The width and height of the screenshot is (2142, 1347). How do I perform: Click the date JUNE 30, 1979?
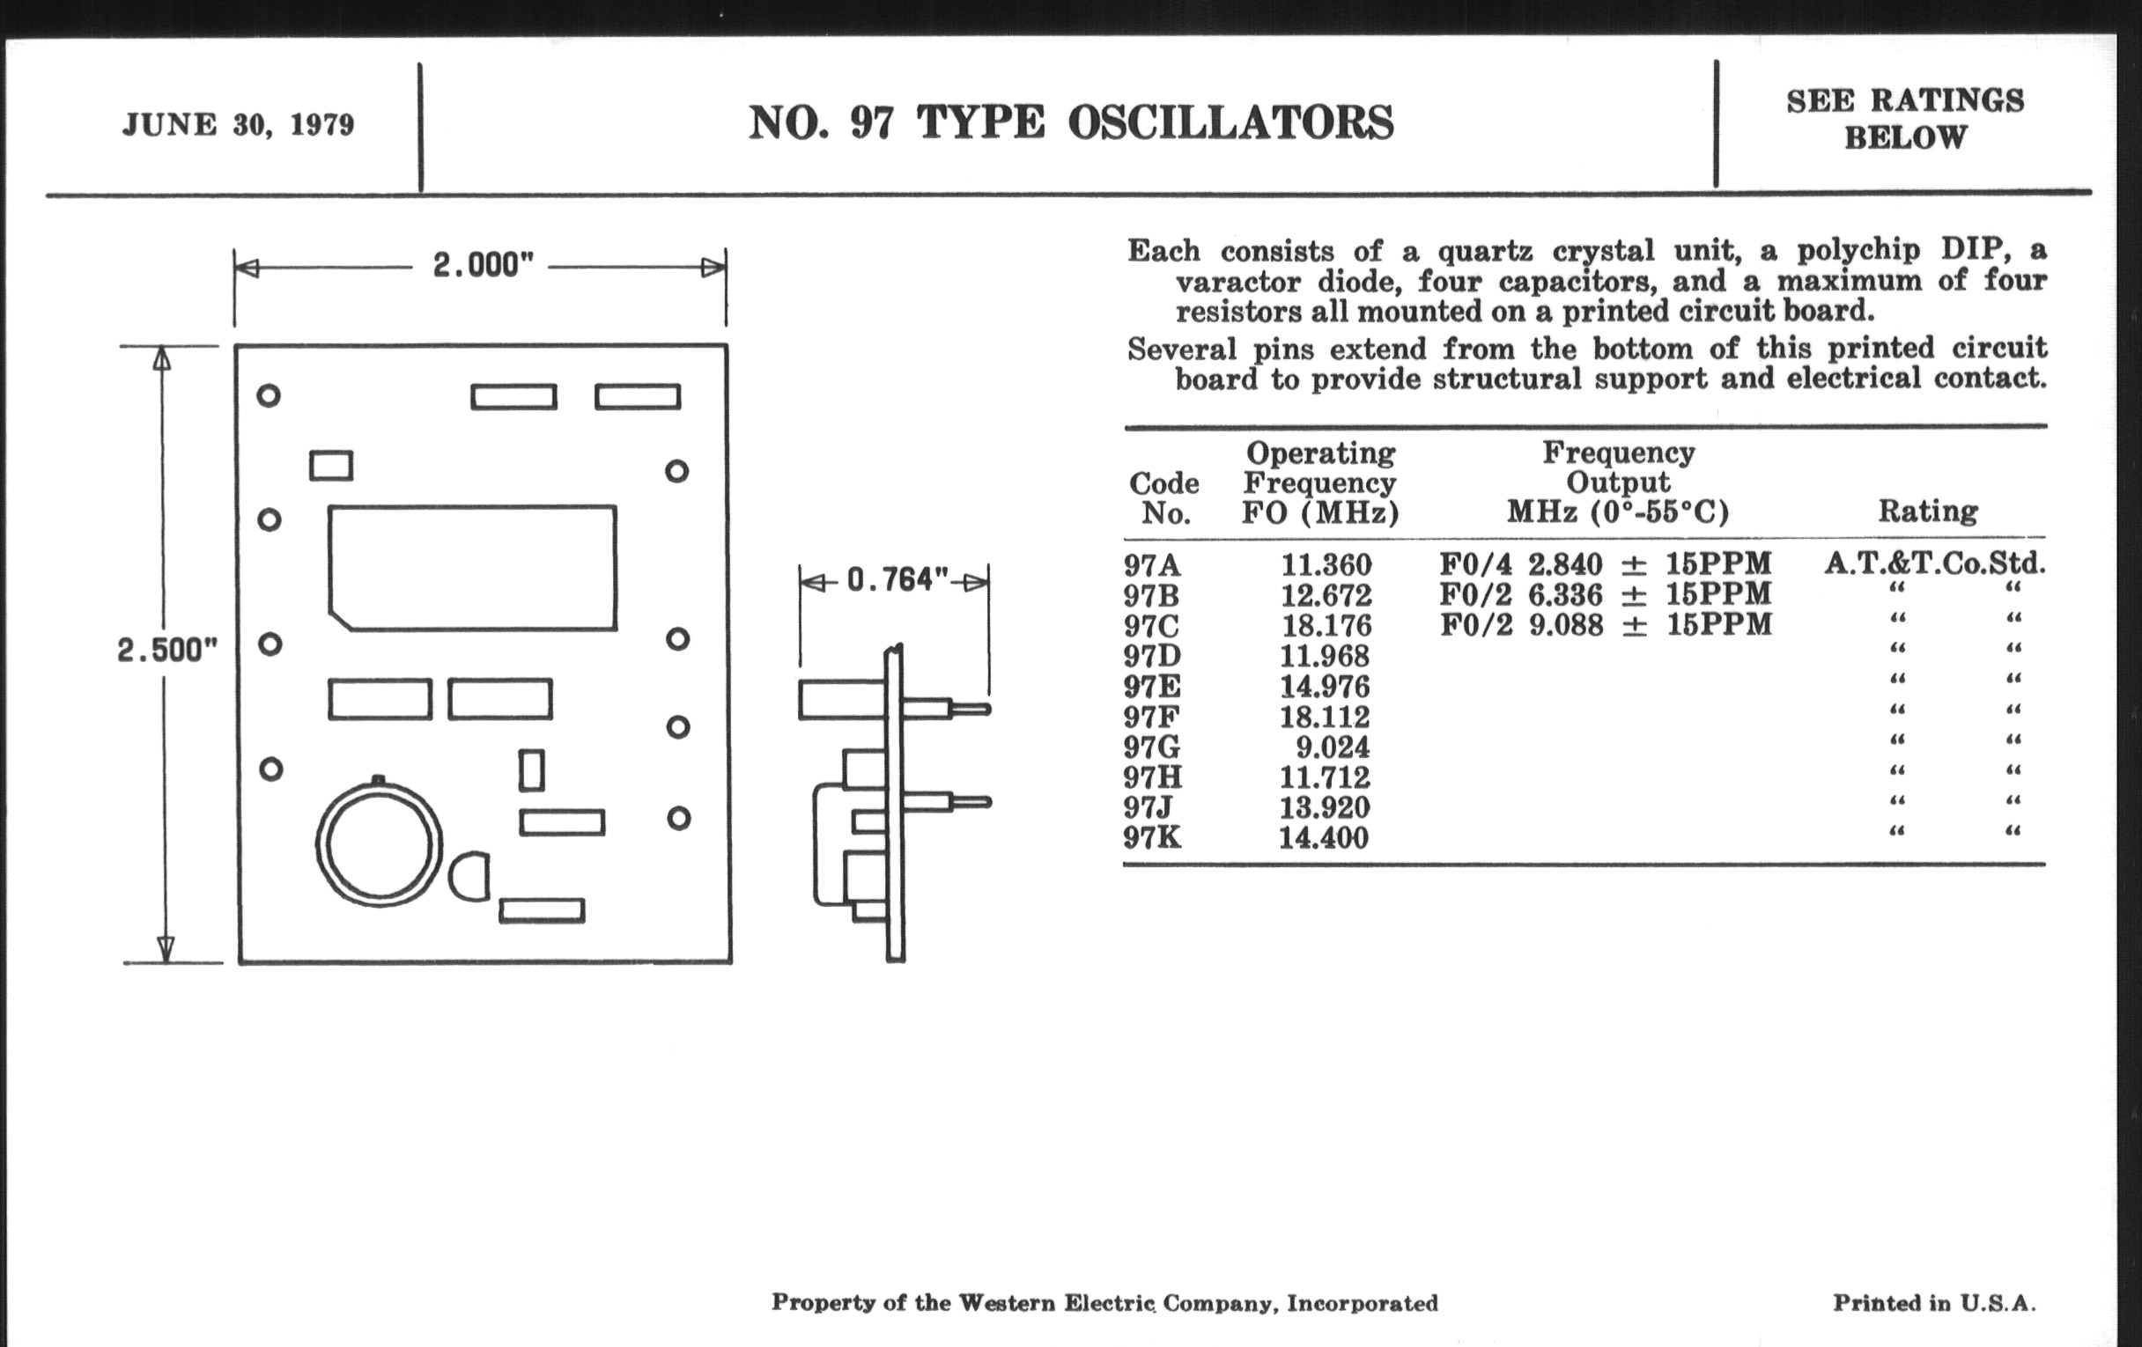click(238, 124)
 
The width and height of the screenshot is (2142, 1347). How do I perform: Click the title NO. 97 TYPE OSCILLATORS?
click(1070, 122)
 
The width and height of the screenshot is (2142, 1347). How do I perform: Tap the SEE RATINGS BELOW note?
click(1904, 119)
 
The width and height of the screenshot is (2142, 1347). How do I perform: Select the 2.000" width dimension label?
click(482, 265)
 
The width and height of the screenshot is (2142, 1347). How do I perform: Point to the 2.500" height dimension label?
click(166, 650)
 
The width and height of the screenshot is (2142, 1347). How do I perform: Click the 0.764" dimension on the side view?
click(897, 580)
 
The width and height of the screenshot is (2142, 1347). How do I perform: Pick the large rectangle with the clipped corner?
click(472, 568)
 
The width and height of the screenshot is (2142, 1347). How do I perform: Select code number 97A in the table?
click(1152, 565)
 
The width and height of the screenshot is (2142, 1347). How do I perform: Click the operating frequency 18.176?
click(1326, 626)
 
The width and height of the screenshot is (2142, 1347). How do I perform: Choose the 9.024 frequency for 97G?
click(1332, 747)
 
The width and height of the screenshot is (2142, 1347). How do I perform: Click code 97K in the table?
click(1152, 837)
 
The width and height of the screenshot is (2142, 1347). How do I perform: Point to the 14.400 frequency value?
click(1324, 837)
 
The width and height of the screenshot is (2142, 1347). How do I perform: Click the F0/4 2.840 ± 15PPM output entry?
click(1606, 563)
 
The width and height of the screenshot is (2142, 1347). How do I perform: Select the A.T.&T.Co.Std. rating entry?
click(1935, 563)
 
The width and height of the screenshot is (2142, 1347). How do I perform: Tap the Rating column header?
click(1928, 512)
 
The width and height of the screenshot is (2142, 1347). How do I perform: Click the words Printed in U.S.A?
click(1934, 1304)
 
